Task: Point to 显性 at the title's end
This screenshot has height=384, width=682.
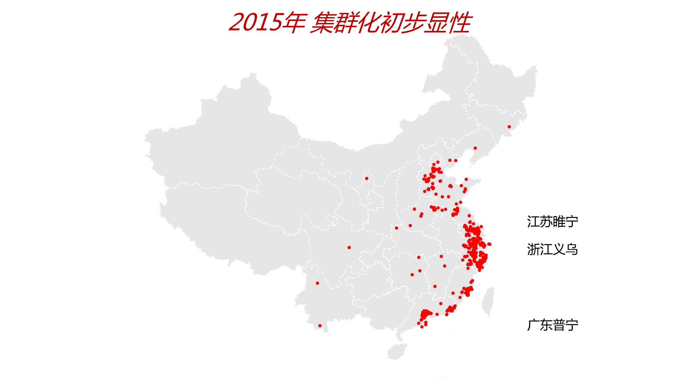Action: pyautogui.click(x=448, y=22)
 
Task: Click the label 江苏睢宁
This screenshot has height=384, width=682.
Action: pyautogui.click(x=552, y=222)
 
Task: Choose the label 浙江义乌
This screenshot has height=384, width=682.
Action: pyautogui.click(x=552, y=250)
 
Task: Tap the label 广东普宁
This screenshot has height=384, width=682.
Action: pyautogui.click(x=552, y=325)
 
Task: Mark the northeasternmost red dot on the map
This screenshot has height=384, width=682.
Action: pyautogui.click(x=509, y=127)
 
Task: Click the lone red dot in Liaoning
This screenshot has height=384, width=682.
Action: pyautogui.click(x=475, y=148)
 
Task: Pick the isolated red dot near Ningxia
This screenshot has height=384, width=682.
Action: pyautogui.click(x=367, y=179)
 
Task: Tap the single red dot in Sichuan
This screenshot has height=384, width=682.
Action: pyautogui.click(x=349, y=248)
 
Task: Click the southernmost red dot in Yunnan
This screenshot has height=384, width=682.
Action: pyautogui.click(x=320, y=326)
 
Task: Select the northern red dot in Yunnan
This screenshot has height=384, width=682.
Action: pyautogui.click(x=317, y=283)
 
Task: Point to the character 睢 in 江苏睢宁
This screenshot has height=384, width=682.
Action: pyautogui.click(x=559, y=222)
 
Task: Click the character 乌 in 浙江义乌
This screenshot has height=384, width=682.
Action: pyautogui.click(x=572, y=250)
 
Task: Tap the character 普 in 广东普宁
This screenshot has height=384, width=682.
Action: pyautogui.click(x=559, y=325)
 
